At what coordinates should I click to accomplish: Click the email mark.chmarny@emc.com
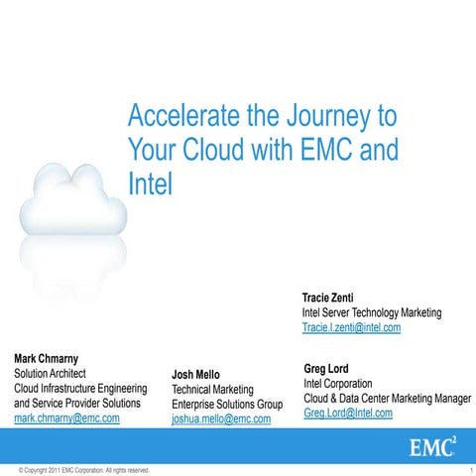point(66,418)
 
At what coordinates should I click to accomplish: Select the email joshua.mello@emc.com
point(221,419)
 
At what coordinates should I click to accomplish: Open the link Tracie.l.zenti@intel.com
point(351,328)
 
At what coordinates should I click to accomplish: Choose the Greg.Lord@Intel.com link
point(347,413)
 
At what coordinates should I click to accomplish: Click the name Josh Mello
point(195,375)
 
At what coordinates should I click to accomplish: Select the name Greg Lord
point(325,368)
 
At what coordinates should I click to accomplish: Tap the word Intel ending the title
point(150,183)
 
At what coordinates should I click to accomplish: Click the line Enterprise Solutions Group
point(227,405)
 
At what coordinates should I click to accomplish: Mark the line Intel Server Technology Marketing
point(372,312)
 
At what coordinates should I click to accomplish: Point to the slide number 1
point(467,469)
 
